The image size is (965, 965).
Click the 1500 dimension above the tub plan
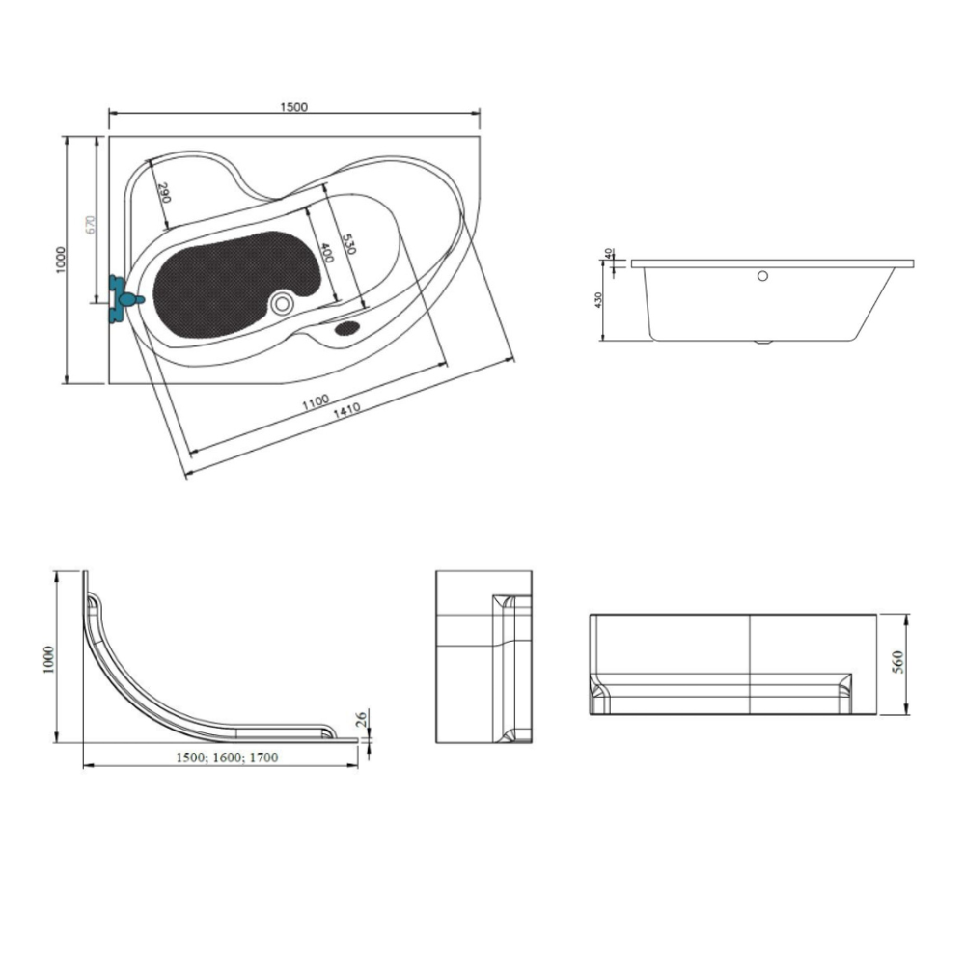293,107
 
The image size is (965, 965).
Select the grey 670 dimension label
91,224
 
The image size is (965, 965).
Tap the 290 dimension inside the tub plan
164,193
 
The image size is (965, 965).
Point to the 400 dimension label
326,253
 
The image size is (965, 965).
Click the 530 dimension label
349,244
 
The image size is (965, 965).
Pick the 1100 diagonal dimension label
316,402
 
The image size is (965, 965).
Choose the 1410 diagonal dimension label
346,410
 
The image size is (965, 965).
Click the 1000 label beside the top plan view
60,260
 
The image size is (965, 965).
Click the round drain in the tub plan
283,303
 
